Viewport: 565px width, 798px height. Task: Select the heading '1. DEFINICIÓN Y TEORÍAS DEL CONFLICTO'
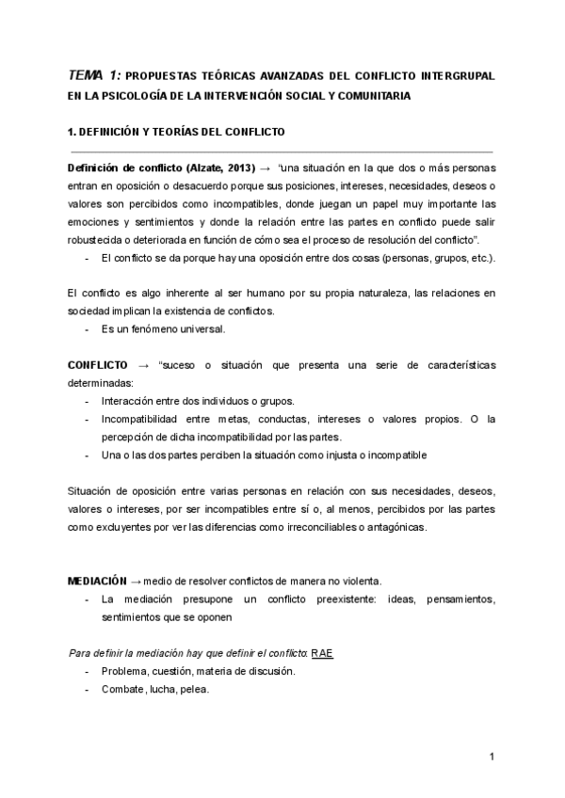[x=176, y=131]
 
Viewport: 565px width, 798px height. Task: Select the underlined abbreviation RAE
[x=322, y=651]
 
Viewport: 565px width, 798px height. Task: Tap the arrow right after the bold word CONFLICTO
[x=144, y=365]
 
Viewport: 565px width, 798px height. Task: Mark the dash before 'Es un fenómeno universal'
[x=88, y=329]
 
